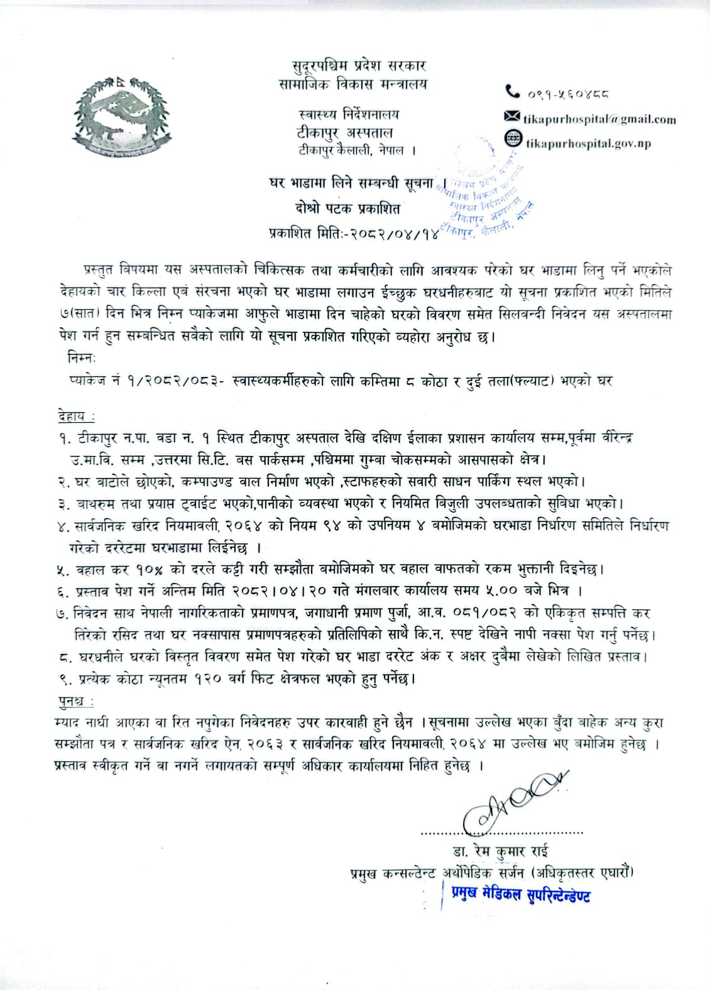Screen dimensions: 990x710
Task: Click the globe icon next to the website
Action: pyautogui.click(x=514, y=138)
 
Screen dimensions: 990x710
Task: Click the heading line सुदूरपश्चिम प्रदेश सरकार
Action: pyautogui.click(x=359, y=65)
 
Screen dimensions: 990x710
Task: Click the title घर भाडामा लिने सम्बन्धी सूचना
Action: pyautogui.click(x=349, y=183)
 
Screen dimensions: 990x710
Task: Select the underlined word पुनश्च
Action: pyautogui.click(x=71, y=700)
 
